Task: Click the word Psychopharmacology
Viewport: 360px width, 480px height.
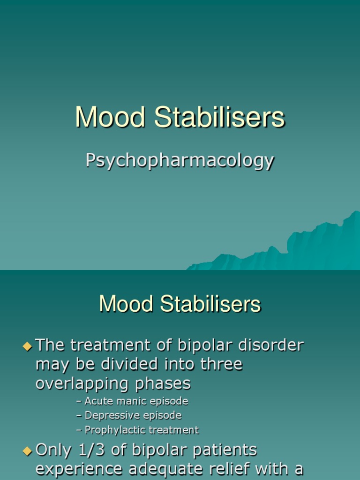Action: coord(180,161)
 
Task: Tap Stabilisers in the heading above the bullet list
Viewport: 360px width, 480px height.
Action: coord(210,305)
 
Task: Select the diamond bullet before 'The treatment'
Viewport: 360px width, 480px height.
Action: coord(27,346)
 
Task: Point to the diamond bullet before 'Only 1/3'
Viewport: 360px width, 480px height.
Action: coord(27,450)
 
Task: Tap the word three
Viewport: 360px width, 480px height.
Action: coord(221,364)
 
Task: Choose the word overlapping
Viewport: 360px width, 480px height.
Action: coord(81,384)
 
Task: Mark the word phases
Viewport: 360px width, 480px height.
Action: coord(163,384)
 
